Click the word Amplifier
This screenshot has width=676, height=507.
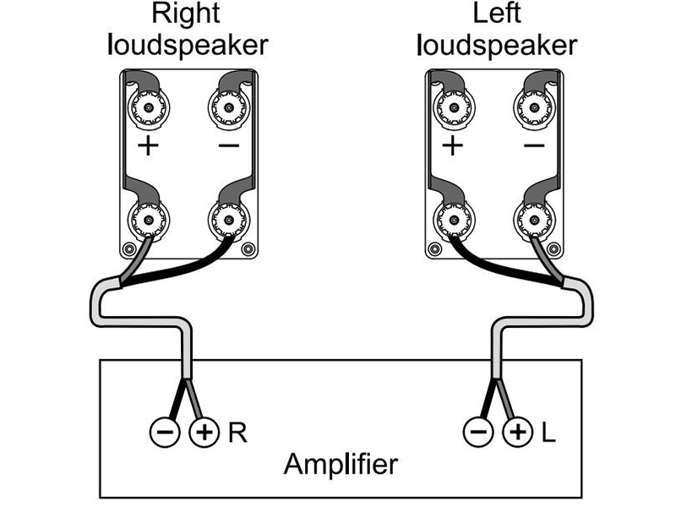(341, 464)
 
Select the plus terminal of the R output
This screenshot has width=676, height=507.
(204, 433)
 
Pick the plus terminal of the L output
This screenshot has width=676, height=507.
(516, 433)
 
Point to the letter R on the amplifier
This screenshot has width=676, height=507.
(237, 433)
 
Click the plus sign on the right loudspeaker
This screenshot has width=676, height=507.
(149, 146)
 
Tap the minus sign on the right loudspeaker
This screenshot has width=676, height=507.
(227, 146)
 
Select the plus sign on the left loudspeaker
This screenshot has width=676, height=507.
(454, 146)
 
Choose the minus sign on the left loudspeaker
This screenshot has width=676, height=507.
(533, 146)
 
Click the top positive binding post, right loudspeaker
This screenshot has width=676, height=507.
(149, 107)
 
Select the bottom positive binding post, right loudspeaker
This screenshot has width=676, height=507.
(149, 221)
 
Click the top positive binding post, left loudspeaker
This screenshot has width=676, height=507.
(454, 107)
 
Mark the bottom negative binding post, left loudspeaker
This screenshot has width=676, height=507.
(532, 221)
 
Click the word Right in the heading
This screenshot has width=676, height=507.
(186, 14)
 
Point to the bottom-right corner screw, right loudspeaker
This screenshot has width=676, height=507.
(248, 249)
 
